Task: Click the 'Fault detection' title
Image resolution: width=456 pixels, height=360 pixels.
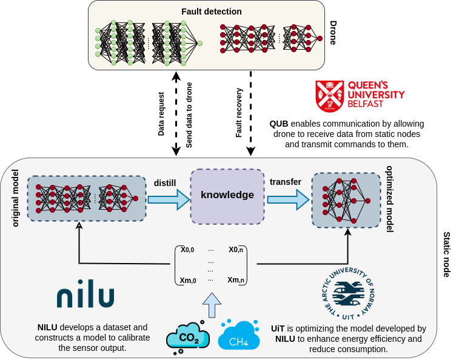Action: pyautogui.click(x=212, y=12)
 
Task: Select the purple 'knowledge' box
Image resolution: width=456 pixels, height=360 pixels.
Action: pyautogui.click(x=227, y=196)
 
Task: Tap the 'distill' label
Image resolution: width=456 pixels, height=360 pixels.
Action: pyautogui.click(x=166, y=182)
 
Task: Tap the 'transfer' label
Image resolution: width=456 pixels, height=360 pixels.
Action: pyautogui.click(x=285, y=182)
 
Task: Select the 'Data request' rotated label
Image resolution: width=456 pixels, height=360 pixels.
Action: pyautogui.click(x=161, y=114)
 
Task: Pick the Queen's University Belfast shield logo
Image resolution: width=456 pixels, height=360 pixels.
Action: pyautogui.click(x=329, y=96)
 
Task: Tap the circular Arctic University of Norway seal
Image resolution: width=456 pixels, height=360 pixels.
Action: pyautogui.click(x=348, y=291)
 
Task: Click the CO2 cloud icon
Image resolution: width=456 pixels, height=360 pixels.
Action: pyautogui.click(x=188, y=337)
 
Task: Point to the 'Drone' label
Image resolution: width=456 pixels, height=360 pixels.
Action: pyautogui.click(x=333, y=34)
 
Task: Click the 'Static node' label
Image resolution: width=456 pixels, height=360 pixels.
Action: pyautogui.click(x=446, y=255)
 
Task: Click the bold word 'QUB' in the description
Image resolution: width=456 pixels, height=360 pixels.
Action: pyautogui.click(x=280, y=124)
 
